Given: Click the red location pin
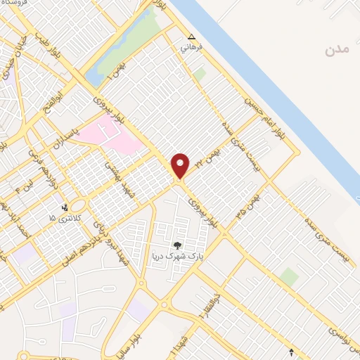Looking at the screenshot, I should click(181, 166).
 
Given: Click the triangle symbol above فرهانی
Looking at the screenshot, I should click(191, 37).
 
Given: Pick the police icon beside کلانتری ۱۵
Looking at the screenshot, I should click(65, 207).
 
